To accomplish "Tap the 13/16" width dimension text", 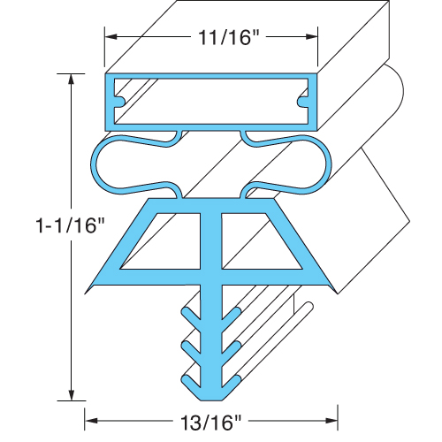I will click(x=213, y=423).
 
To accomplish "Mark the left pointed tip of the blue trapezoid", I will click(x=88, y=288).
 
